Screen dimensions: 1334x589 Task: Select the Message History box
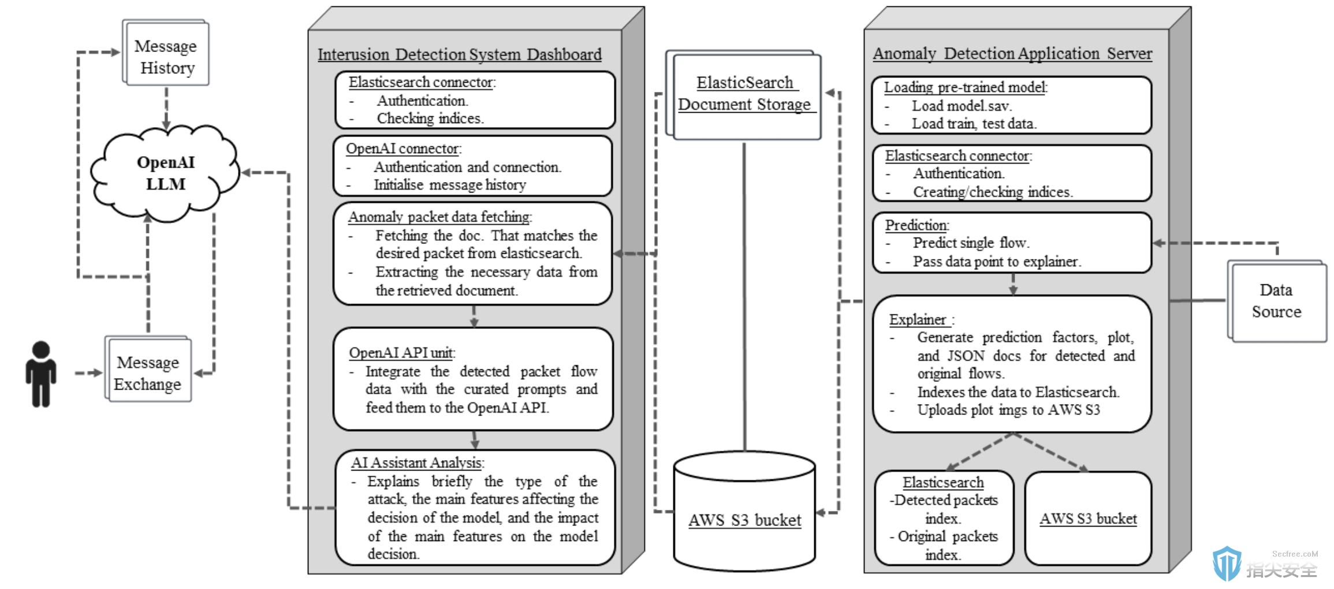(x=166, y=53)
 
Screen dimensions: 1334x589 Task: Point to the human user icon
(x=41, y=374)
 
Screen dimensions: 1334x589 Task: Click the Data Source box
(x=1277, y=301)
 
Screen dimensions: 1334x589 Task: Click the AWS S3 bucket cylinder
(x=744, y=511)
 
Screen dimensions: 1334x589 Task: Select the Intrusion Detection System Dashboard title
(x=459, y=54)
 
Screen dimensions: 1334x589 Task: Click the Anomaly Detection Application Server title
(x=1012, y=53)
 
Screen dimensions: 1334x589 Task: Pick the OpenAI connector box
(x=473, y=166)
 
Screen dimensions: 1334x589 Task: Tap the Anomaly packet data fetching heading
(x=439, y=217)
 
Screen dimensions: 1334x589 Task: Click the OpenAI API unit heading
(x=402, y=353)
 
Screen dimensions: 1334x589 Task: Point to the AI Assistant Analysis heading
(x=418, y=462)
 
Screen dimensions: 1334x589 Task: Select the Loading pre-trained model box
(x=1012, y=105)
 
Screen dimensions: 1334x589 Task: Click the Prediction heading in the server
(x=917, y=225)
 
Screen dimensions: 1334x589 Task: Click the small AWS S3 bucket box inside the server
(x=1088, y=518)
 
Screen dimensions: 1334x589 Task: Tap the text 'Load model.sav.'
(x=962, y=106)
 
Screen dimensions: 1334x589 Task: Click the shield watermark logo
(x=1227, y=564)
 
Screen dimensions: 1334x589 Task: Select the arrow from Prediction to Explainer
(x=1013, y=284)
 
